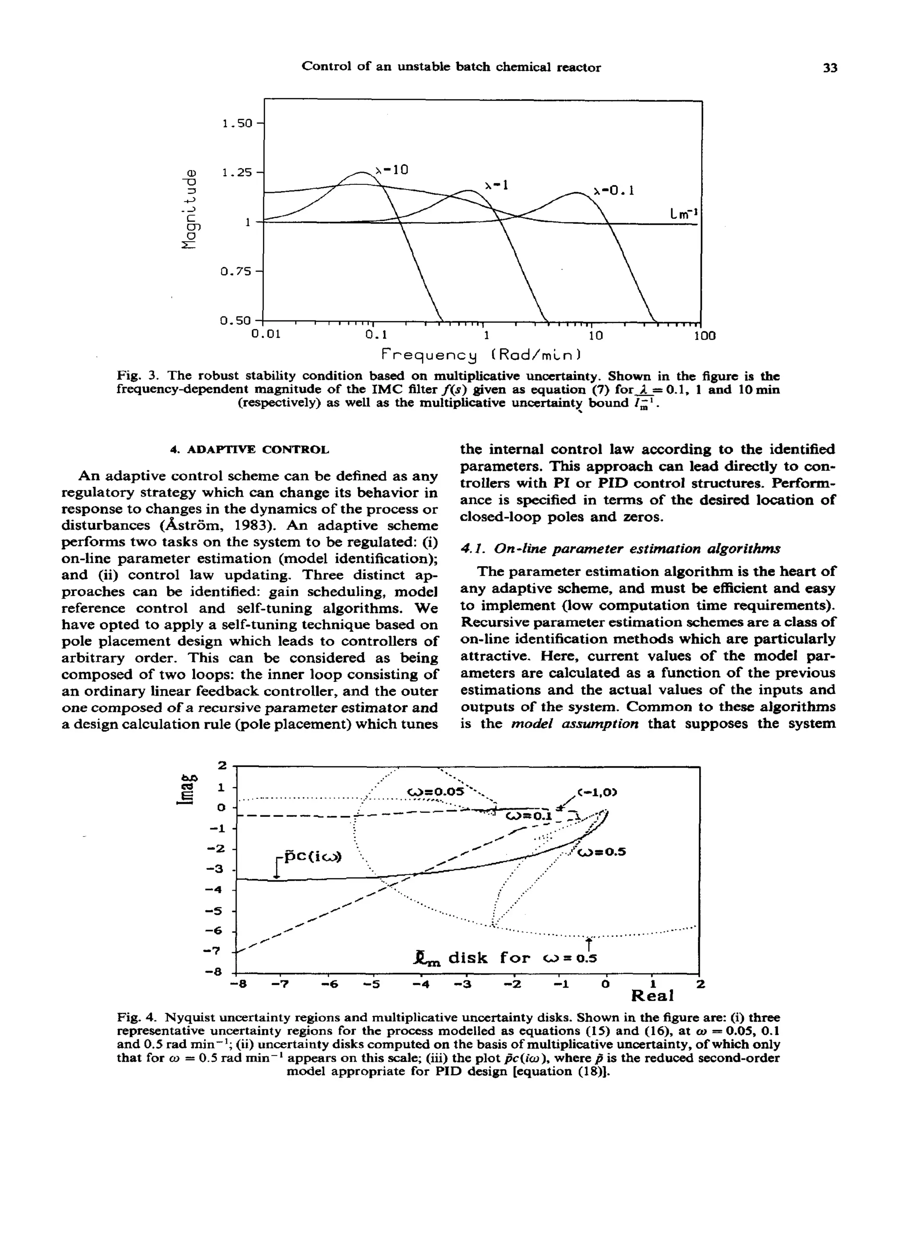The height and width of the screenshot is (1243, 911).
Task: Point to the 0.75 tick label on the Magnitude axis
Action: tap(235, 271)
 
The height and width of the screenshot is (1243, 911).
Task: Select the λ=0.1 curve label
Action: tap(614, 191)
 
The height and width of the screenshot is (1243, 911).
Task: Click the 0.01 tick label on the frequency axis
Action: tap(266, 335)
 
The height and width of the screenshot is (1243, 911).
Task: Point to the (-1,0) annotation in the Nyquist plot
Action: tap(597, 793)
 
